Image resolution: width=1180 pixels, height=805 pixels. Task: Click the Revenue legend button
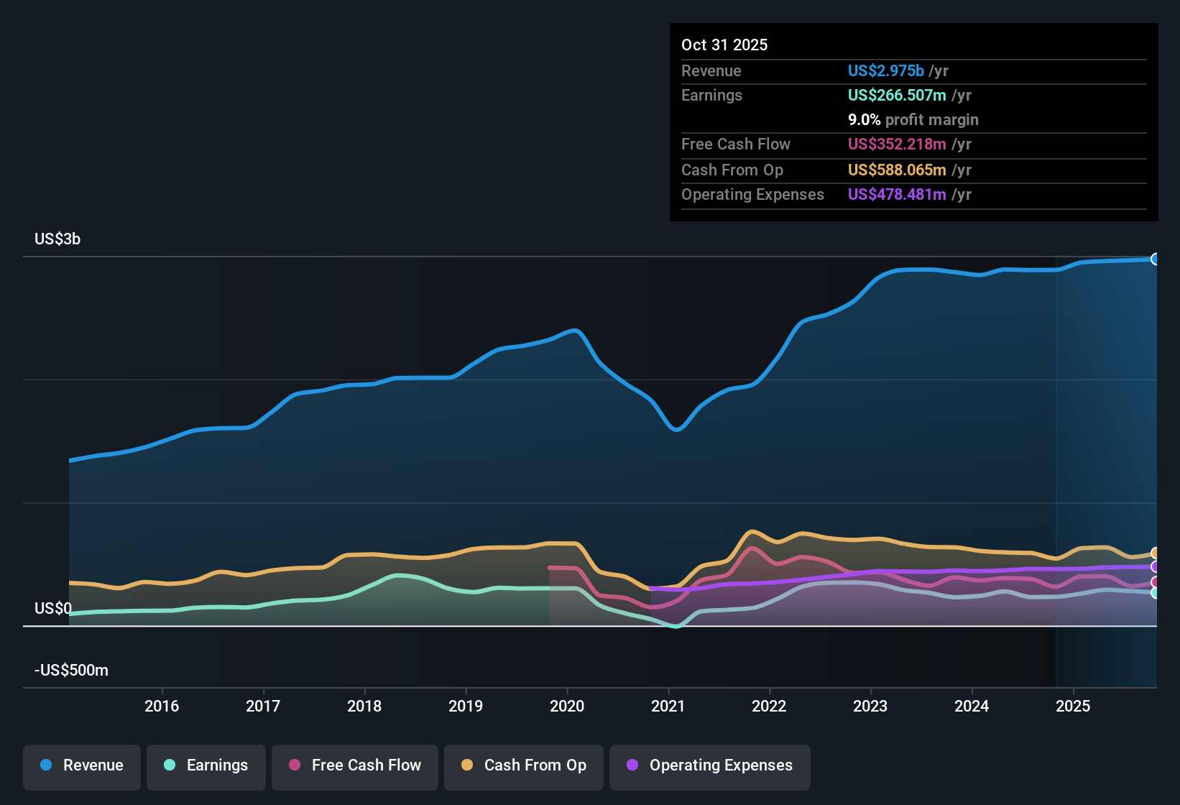pos(82,765)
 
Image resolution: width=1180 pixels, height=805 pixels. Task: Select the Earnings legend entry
pos(206,765)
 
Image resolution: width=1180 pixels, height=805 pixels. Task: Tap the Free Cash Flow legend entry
pos(355,765)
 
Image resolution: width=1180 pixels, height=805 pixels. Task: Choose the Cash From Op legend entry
pos(524,765)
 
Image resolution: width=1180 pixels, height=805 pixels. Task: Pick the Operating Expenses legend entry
pos(710,765)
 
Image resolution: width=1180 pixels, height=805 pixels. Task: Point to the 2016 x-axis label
pos(162,706)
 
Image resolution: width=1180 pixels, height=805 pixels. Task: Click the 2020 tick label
pos(567,706)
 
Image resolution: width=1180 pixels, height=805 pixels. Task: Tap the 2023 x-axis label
pos(870,706)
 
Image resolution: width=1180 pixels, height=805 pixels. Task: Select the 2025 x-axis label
pos(1073,706)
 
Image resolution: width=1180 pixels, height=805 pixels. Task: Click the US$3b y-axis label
pos(57,239)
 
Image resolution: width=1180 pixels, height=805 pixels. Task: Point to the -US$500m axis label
pos(71,671)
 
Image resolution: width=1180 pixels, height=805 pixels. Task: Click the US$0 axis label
pos(53,609)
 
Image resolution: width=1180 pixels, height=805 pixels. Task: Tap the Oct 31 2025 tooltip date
pos(724,45)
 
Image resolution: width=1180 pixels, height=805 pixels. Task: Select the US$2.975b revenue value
pos(885,71)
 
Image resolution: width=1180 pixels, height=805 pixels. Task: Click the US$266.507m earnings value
pos(897,96)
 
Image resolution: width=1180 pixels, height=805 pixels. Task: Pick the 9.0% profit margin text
pos(913,120)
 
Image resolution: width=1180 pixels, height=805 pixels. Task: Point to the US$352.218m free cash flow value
pos(897,144)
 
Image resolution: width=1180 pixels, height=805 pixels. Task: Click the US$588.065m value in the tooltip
pos(897,170)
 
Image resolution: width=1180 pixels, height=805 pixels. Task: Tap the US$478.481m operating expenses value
pos(897,195)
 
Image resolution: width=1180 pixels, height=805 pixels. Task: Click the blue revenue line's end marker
pos(1155,259)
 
